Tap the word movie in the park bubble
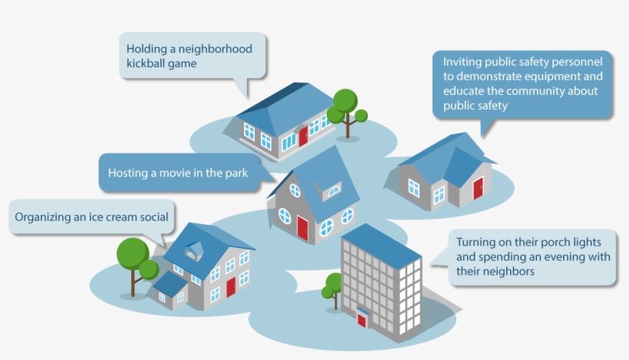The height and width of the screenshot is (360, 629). point(175,173)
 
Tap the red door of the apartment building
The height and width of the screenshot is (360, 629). point(361,321)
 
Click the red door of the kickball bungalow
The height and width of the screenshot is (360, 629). point(303,136)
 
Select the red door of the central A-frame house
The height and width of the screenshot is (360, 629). point(303,229)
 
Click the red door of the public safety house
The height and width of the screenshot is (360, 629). point(478,188)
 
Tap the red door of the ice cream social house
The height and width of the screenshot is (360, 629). point(231,287)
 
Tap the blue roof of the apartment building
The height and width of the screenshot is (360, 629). point(381,246)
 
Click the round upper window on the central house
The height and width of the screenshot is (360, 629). point(295,190)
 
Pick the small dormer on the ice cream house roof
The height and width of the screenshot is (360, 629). point(195,250)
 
